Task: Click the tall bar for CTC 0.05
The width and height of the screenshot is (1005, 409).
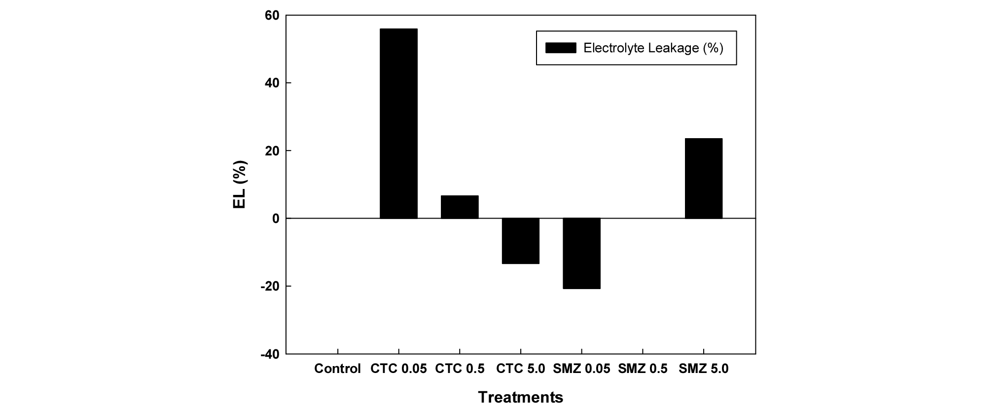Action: click(x=398, y=123)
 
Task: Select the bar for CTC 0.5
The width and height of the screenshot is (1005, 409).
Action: click(x=460, y=207)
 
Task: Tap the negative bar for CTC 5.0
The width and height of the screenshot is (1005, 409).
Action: click(x=521, y=241)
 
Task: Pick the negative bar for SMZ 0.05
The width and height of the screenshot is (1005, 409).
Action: click(x=581, y=253)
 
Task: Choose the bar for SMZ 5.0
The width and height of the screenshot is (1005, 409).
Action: click(x=704, y=178)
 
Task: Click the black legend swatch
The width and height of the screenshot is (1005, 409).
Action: click(x=561, y=48)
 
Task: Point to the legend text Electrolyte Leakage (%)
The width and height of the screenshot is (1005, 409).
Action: click(x=653, y=48)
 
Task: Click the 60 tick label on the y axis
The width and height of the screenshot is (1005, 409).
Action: click(x=272, y=16)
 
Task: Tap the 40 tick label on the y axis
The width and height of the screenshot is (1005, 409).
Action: click(x=272, y=83)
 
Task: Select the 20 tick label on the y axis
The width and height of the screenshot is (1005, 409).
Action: click(x=272, y=151)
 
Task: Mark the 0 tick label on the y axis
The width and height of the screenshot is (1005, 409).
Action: click(x=276, y=219)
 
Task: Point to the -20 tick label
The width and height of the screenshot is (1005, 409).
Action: click(x=269, y=287)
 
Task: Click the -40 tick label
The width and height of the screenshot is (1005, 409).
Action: click(x=269, y=354)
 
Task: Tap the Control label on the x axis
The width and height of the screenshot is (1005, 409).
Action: click(x=337, y=369)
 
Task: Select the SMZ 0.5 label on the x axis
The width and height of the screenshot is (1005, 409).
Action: click(x=643, y=369)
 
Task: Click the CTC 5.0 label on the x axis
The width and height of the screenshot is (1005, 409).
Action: click(x=521, y=369)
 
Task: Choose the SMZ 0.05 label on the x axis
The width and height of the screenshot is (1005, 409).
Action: click(x=581, y=369)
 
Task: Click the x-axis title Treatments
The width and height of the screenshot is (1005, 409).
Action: click(x=521, y=397)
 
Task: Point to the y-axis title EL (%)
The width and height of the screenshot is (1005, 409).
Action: click(x=240, y=185)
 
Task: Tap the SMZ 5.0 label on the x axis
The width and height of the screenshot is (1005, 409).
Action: click(x=704, y=369)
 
